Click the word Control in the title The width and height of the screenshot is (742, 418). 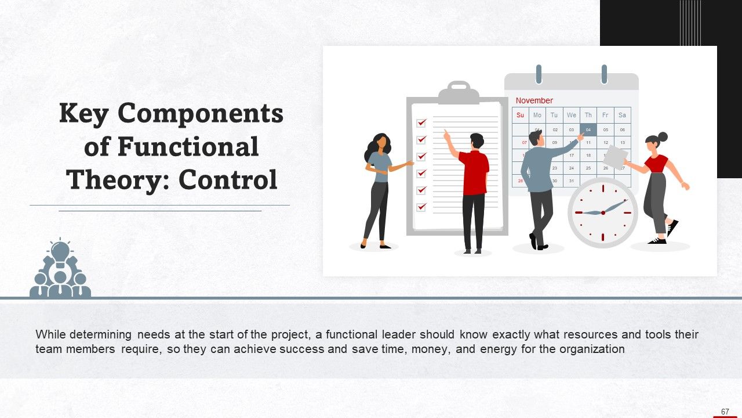[x=228, y=179]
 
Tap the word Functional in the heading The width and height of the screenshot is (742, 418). [x=188, y=146]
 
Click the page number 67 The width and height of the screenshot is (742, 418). [x=725, y=412]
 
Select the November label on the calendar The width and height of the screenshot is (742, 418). [x=534, y=100]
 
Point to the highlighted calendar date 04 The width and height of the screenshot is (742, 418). [x=588, y=129]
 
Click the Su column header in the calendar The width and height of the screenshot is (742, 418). [x=520, y=115]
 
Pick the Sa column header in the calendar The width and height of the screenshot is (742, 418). [x=622, y=115]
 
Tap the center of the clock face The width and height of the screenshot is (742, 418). [x=603, y=212]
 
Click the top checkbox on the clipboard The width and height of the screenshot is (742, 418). [x=421, y=123]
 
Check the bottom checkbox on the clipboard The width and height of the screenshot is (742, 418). [x=421, y=206]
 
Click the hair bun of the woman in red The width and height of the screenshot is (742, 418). [x=663, y=137]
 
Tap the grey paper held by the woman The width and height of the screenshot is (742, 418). [x=615, y=155]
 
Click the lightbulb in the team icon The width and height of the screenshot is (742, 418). [x=60, y=252]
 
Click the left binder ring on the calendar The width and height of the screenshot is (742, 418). [x=539, y=74]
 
